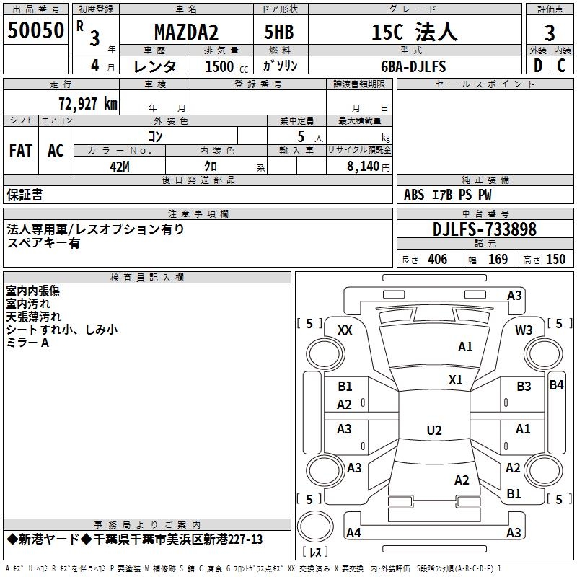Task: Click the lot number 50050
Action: coord(36,31)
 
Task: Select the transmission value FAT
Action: coord(21,151)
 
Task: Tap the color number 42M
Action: coord(119,166)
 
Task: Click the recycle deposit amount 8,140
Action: coord(363,166)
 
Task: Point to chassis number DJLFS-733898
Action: coord(485,229)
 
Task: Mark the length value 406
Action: coord(436,260)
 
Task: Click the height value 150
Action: coord(555,260)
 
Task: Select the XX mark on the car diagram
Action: coord(345,330)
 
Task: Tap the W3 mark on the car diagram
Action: coord(524,330)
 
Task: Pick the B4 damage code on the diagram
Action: coord(556,384)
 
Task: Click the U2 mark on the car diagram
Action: coord(433,431)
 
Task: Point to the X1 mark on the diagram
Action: coord(455,380)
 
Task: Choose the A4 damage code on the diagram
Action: coord(353,533)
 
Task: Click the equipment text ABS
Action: coord(414,195)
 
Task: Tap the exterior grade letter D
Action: coord(537,66)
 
